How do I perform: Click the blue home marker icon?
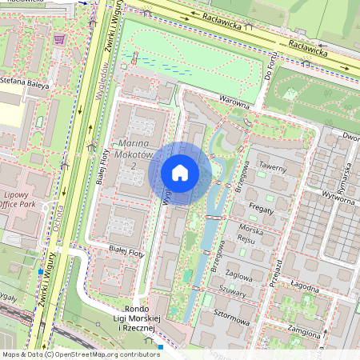[180, 172]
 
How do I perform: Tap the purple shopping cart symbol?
[58, 38]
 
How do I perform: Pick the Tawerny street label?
[273, 167]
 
